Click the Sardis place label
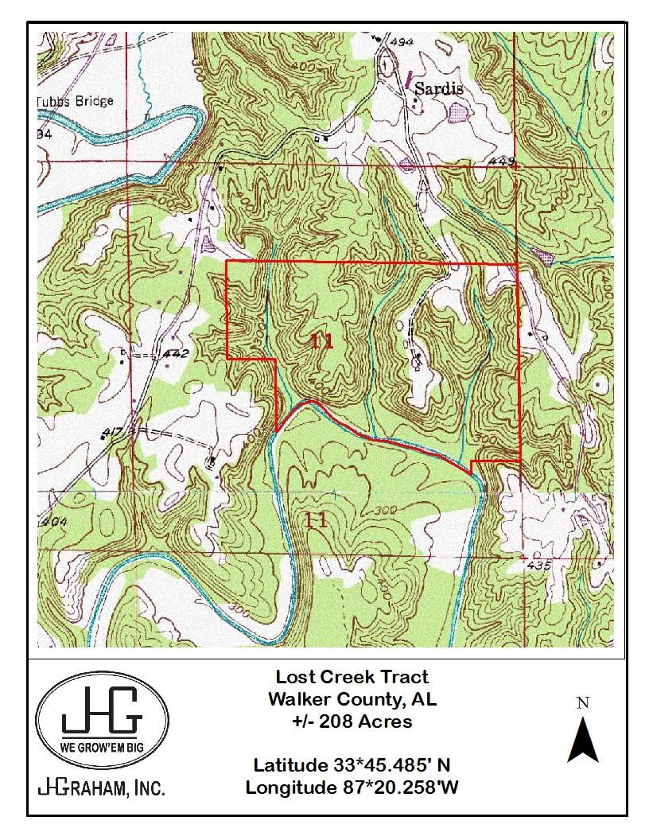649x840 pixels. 438,88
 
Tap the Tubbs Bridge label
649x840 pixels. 76,101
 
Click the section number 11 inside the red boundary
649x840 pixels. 321,342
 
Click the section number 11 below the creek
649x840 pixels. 317,520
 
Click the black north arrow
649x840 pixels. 582,739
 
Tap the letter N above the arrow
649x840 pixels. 582,702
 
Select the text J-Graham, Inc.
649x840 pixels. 102,788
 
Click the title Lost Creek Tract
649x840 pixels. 352,677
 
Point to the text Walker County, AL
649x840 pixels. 352,699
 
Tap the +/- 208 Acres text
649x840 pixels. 352,721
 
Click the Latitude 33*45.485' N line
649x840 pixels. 352,765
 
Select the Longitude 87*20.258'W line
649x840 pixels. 352,787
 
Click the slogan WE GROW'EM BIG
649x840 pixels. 102,748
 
